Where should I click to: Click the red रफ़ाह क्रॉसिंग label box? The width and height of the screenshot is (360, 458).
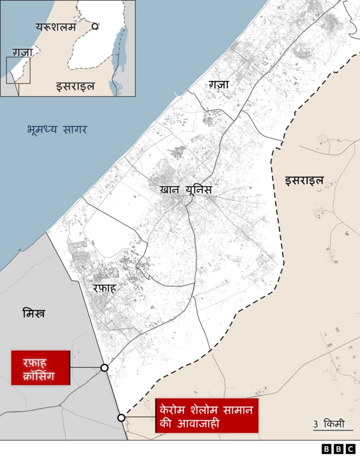coord(40,368)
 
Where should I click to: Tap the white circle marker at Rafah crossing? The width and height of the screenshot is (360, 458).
coord(104,367)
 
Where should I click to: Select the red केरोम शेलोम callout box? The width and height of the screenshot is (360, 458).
coord(206,416)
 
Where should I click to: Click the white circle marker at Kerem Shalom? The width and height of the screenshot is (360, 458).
coord(121,417)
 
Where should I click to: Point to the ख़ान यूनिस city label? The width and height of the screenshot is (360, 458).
coord(186,190)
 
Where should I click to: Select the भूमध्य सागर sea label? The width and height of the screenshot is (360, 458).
coord(57,129)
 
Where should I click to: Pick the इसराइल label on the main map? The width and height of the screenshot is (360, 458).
coord(304,181)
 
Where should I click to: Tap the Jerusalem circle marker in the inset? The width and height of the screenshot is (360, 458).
coord(96,26)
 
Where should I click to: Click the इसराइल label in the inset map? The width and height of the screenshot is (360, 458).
coord(75,86)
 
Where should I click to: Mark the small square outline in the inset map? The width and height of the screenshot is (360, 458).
coord(18,70)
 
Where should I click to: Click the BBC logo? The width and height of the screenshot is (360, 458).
coord(338,449)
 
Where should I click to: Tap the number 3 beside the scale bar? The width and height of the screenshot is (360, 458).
coord(316,424)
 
